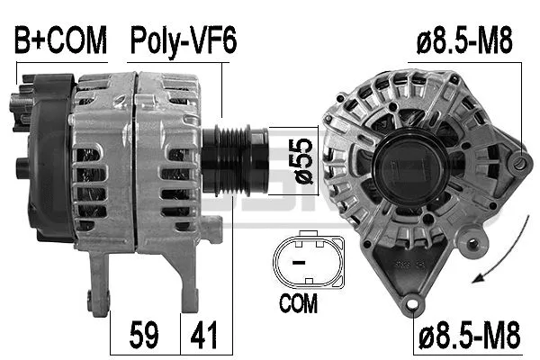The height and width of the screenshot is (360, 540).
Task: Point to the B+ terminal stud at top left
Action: (16, 101)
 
